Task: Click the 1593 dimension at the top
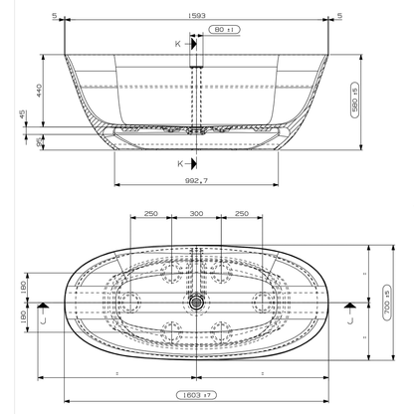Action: [x=201, y=16]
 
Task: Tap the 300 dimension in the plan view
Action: [x=195, y=213]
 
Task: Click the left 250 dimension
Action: [x=150, y=213]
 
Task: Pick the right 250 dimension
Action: [x=240, y=213]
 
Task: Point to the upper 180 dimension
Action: [x=23, y=287]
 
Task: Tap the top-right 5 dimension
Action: [x=367, y=16]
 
